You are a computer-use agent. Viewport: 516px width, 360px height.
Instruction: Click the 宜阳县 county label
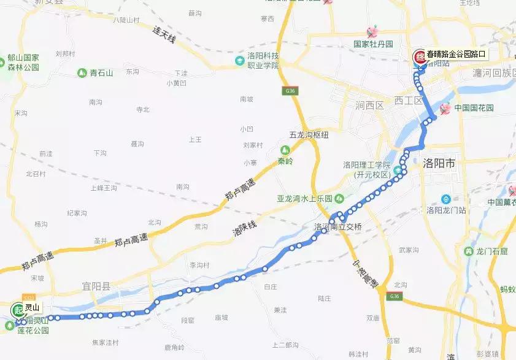click(x=96, y=285)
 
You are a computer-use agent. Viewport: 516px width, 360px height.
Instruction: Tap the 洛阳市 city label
click(x=439, y=164)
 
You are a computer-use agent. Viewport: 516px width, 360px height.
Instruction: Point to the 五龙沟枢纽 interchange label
click(x=310, y=134)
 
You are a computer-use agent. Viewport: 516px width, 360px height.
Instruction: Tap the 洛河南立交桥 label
click(x=338, y=227)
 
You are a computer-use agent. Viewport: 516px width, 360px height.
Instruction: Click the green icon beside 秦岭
click(x=285, y=150)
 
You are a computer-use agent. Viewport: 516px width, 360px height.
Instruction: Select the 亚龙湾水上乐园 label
click(x=304, y=199)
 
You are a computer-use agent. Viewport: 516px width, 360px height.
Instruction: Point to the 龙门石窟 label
click(x=491, y=251)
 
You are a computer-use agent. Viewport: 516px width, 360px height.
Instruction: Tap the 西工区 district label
click(x=409, y=100)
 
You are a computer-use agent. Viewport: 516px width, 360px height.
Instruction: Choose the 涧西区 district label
click(x=369, y=105)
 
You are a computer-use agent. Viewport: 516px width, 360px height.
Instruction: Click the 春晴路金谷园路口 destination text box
click(x=456, y=54)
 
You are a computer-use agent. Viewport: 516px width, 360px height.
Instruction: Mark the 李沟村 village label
click(x=199, y=266)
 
